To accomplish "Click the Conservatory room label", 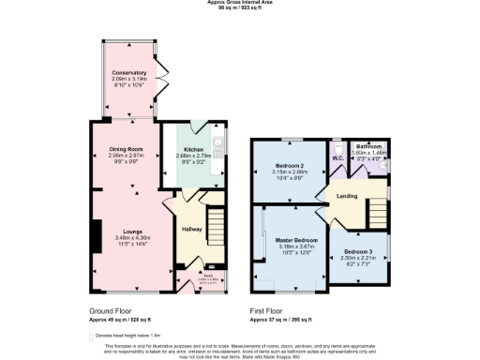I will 129,73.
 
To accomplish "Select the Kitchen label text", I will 194,149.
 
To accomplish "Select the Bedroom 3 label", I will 357,253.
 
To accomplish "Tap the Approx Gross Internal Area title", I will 240,3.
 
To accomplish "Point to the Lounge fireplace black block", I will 95,233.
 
